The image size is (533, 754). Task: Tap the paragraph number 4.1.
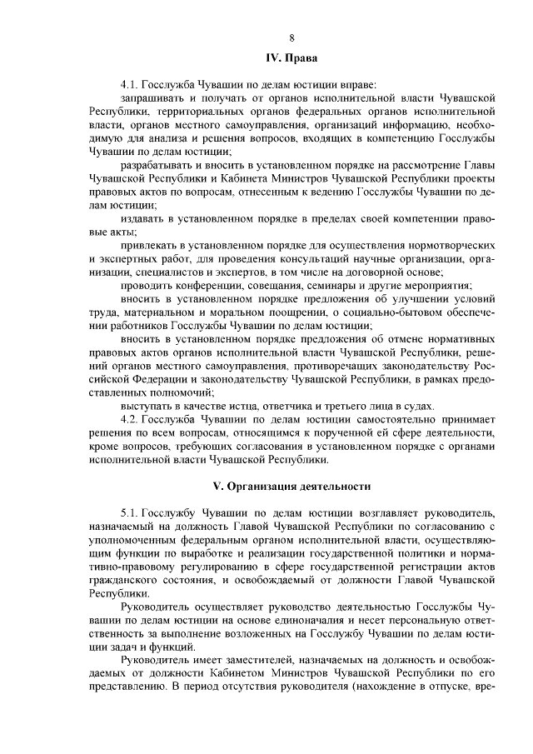130,84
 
